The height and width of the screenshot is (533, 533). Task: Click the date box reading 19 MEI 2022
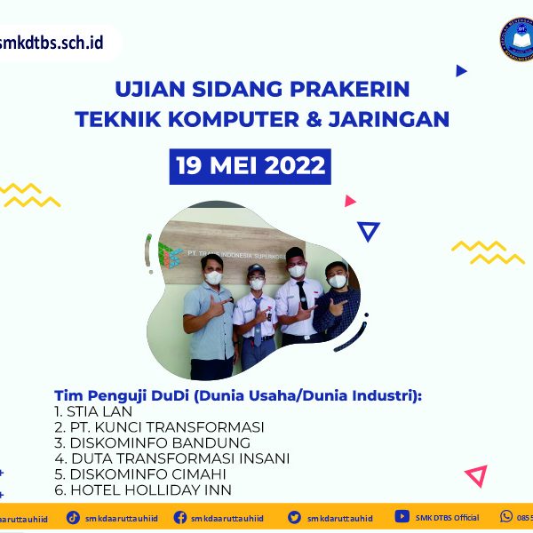coord(250,166)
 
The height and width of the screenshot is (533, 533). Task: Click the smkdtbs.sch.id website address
coord(52,42)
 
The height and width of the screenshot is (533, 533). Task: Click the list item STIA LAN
coord(93,411)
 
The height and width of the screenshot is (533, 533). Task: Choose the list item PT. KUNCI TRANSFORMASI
coord(159,427)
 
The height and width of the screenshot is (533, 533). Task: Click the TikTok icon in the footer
coord(74,517)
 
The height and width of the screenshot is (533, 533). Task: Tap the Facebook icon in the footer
coord(180,517)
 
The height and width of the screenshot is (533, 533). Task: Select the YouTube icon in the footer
coord(402,517)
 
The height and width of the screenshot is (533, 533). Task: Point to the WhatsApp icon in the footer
coord(507,516)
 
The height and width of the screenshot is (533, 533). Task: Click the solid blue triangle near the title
coord(461,70)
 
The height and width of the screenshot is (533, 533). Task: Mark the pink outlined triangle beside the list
coord(476,475)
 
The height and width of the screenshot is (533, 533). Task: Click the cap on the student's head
coord(256,269)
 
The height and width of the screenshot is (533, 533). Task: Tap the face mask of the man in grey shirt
coord(213,278)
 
